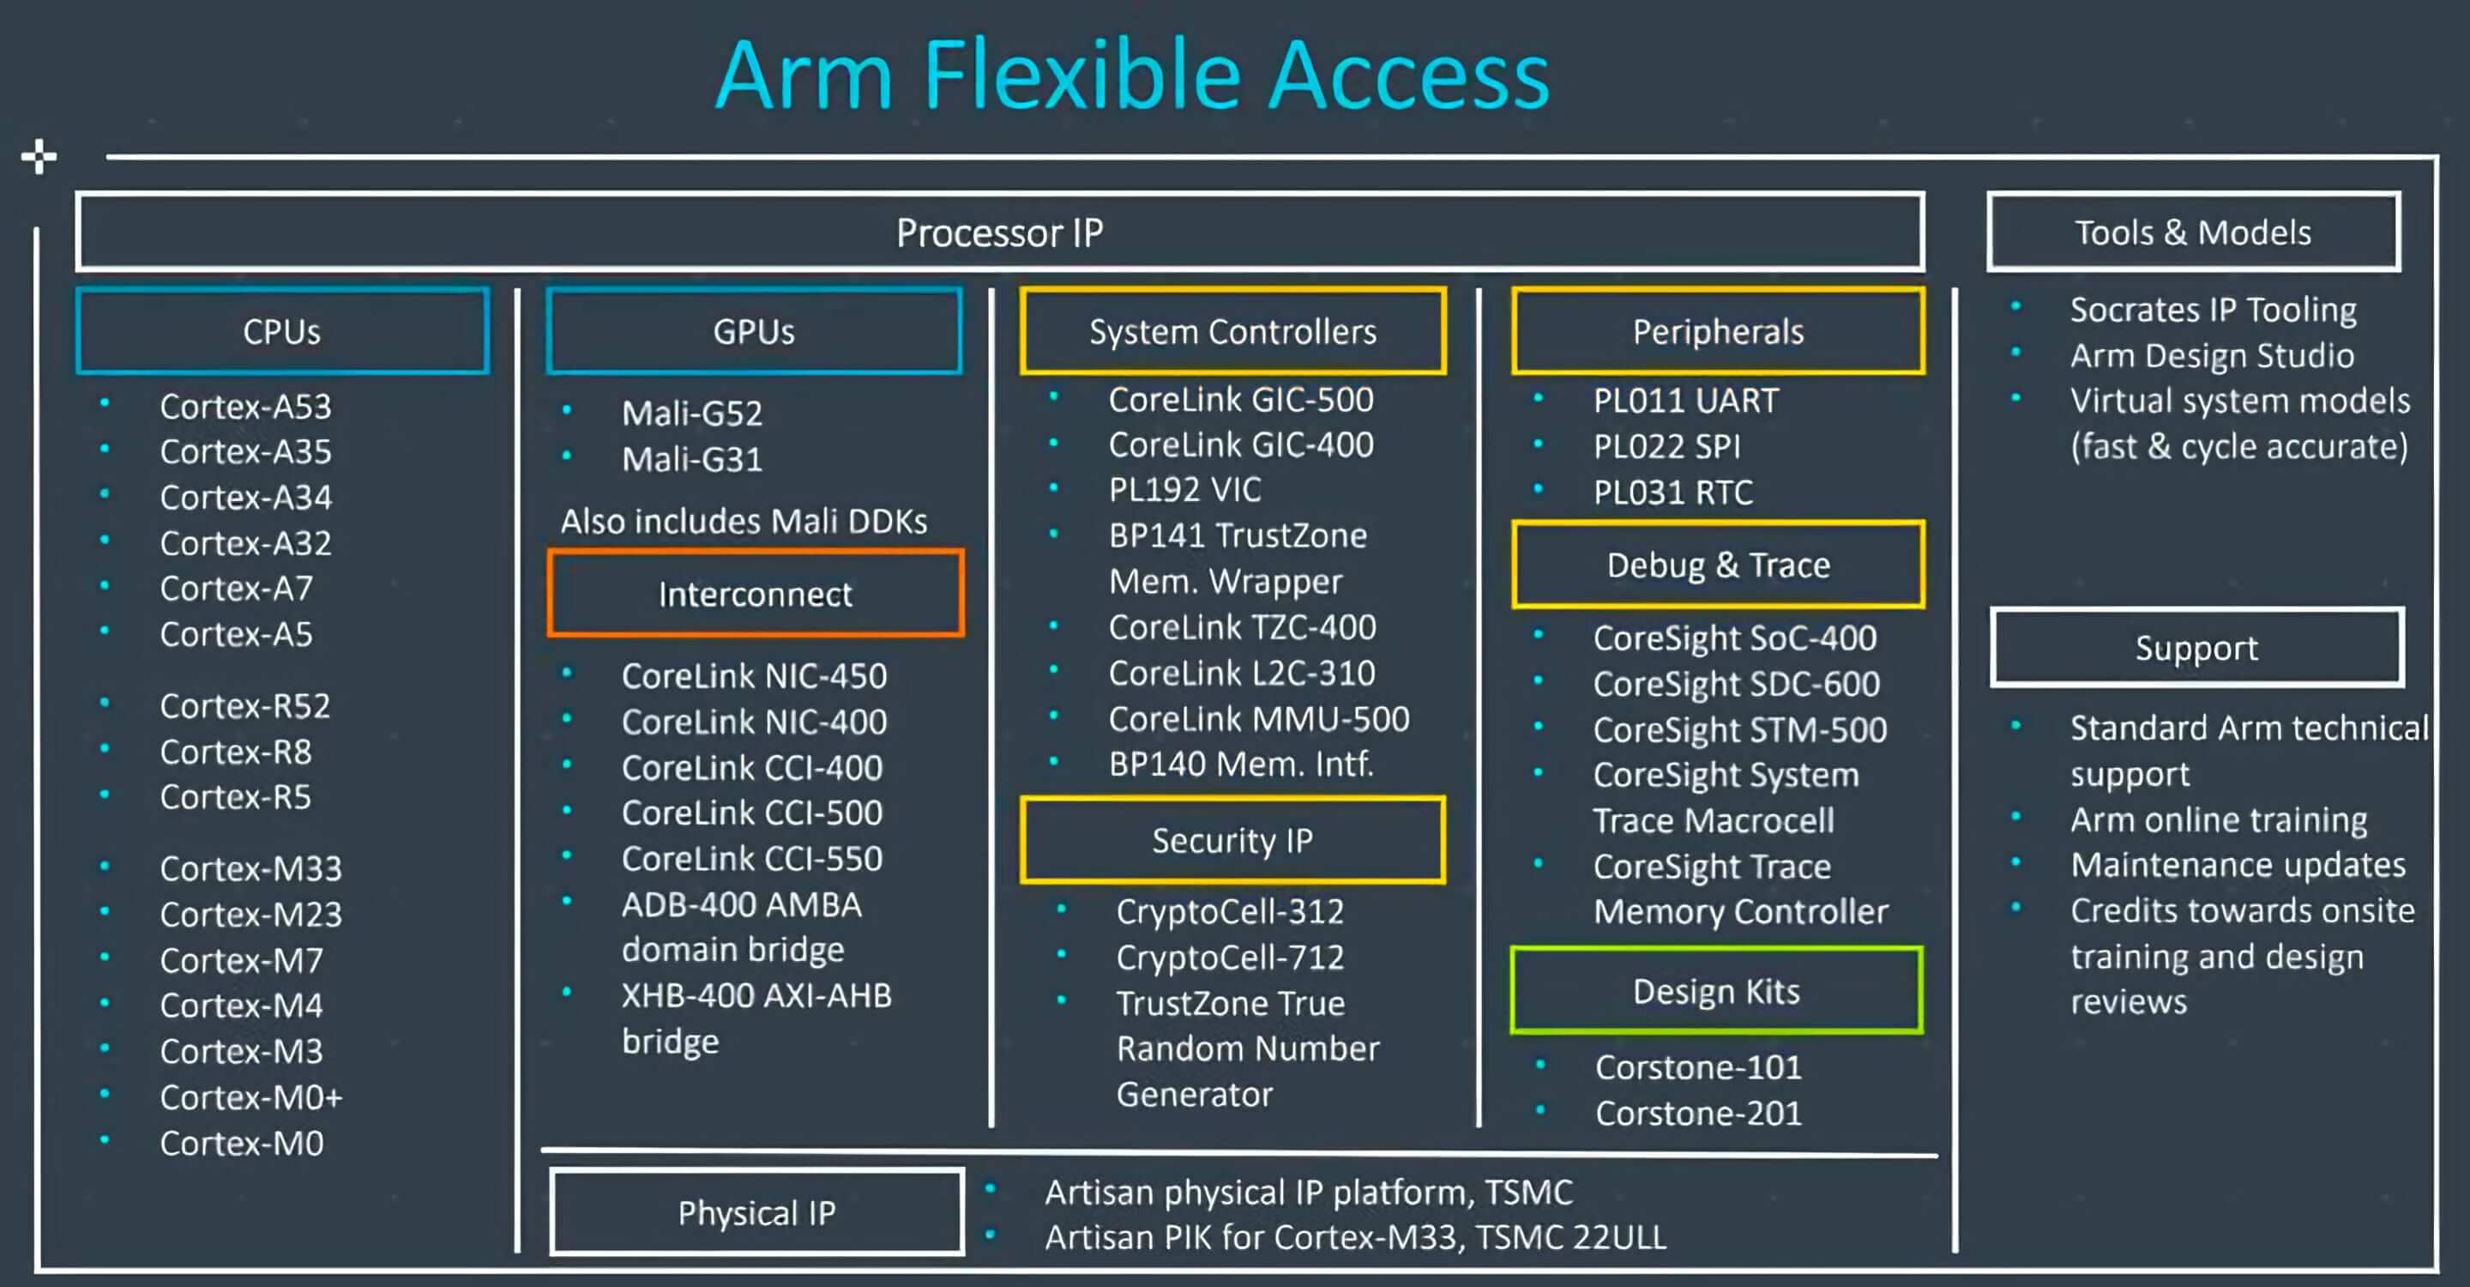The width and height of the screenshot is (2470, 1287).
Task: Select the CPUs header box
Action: (282, 331)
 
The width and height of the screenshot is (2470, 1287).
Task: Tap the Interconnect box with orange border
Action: (755, 594)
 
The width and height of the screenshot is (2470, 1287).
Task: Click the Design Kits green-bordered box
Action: (1715, 991)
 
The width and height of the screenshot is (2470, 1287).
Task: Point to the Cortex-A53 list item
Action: (245, 407)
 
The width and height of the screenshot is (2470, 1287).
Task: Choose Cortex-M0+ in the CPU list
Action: (250, 1097)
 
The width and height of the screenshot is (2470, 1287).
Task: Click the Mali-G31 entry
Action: (691, 459)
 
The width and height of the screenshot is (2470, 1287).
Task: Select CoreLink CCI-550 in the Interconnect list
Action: (752, 858)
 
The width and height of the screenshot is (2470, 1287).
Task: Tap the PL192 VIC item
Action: (1184, 490)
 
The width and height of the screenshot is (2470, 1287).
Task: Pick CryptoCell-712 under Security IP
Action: (1229, 957)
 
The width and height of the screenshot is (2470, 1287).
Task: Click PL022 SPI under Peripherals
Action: (1666, 447)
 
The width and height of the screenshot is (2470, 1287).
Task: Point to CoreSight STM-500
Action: (1739, 730)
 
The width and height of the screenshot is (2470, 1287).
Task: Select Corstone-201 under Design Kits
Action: (1698, 1114)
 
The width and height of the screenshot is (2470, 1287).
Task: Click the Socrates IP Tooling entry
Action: (2212, 310)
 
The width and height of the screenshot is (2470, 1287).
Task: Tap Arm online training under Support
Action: (2218, 820)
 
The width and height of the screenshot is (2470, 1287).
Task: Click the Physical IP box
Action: (756, 1212)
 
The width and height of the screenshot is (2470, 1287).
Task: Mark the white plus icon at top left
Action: (39, 156)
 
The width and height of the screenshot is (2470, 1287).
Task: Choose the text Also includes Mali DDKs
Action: (744, 522)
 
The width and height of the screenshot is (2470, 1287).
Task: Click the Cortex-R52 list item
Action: (244, 706)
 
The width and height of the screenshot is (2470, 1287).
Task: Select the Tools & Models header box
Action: (2193, 232)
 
